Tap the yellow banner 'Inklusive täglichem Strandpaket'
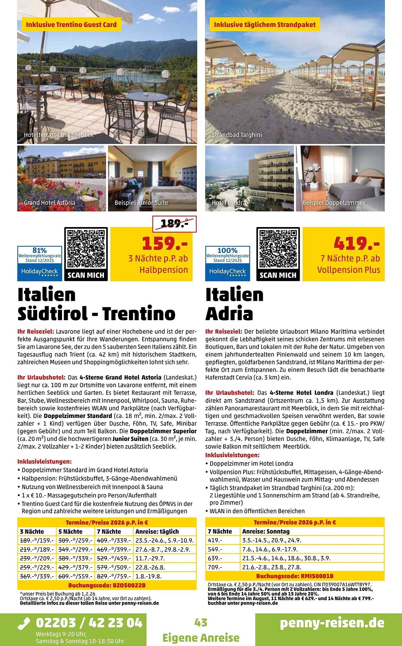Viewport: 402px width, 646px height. pos(265,25)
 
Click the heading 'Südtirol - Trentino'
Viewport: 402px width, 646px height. pos(96,313)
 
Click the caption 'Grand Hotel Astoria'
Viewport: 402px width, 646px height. pos(49,203)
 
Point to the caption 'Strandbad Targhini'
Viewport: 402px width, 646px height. pos(237,135)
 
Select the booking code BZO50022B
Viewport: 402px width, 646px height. pos(107,585)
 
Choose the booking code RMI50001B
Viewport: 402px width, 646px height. pos(295,576)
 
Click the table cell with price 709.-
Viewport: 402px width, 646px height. pos(215,567)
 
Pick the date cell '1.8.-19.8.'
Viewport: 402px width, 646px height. pos(149,576)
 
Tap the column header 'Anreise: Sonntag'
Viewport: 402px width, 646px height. pos(266,531)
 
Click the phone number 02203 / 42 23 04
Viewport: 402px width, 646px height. pos(89,622)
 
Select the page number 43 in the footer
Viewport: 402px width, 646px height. pos(201,622)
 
